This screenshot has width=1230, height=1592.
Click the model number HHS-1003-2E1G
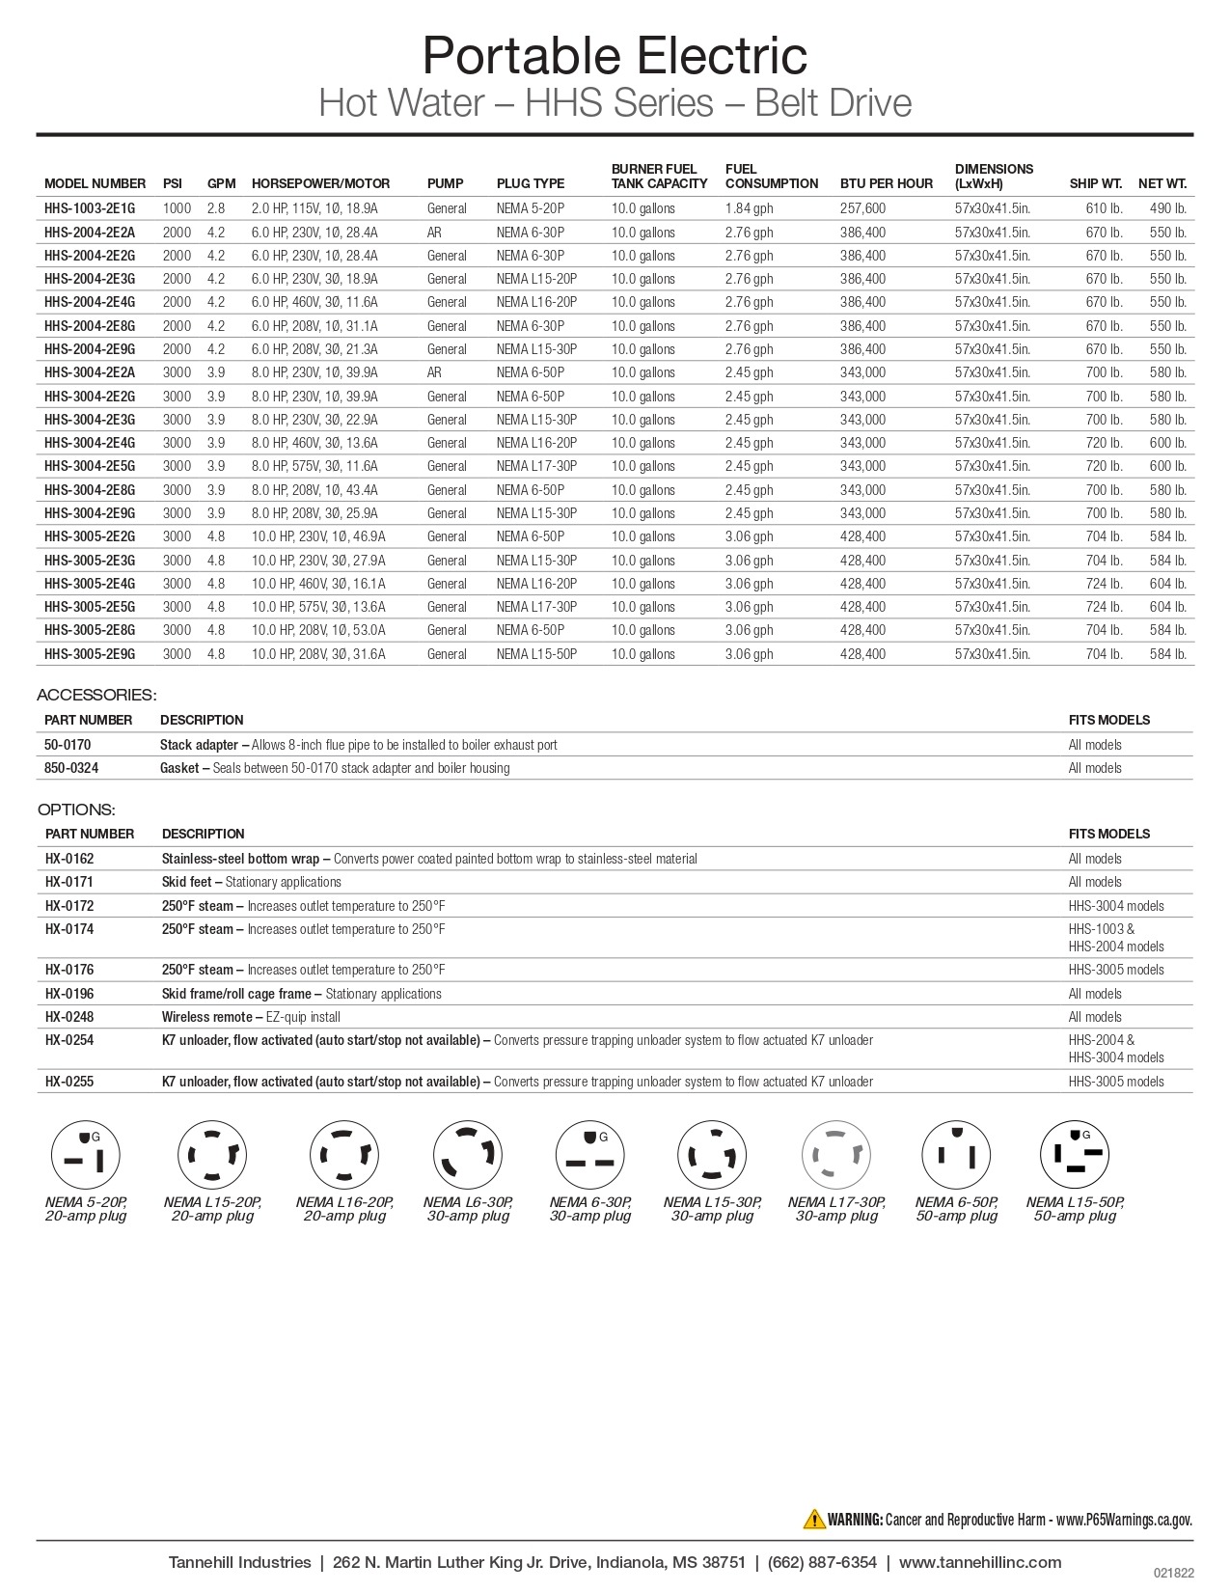[90, 208]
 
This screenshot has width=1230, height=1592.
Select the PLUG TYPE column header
[530, 183]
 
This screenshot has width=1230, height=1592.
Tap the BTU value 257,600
[862, 208]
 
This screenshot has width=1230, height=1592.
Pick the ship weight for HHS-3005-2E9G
[1104, 654]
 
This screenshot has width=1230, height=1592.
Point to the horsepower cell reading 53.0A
[318, 630]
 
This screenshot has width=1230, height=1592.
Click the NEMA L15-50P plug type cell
[536, 654]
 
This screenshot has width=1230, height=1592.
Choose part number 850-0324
[71, 768]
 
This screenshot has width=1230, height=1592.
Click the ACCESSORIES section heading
[96, 695]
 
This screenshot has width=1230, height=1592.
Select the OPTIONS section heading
[76, 810]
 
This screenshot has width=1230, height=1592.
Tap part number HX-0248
[69, 1017]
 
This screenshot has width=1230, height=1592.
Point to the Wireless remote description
[251, 1017]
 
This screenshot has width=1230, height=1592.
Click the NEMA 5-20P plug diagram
[86, 1155]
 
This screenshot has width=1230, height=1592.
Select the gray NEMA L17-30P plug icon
[836, 1155]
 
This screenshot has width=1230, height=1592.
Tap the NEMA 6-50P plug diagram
[956, 1155]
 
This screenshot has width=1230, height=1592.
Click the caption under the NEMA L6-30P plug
[468, 1209]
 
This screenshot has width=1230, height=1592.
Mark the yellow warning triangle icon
[813, 1519]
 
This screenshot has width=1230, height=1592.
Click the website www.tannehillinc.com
[980, 1562]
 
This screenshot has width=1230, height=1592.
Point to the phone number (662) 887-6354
[822, 1562]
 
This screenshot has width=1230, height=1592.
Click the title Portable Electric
[615, 55]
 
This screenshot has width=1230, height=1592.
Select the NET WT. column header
[1162, 183]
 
